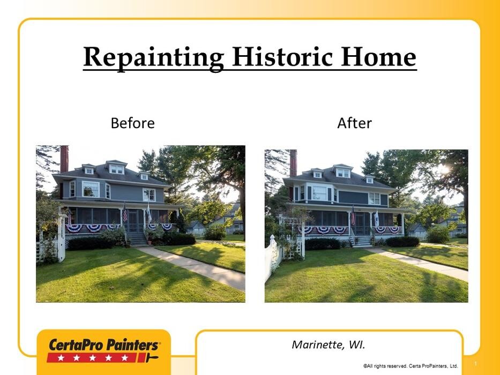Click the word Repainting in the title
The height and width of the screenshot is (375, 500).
[154, 57]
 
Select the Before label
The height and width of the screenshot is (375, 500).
[133, 123]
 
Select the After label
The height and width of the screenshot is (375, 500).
[355, 123]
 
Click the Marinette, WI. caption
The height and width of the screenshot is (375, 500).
[329, 344]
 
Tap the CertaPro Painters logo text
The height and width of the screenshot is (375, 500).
[104, 345]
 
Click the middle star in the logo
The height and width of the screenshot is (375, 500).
[93, 358]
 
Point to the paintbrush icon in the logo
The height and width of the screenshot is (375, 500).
[151, 357]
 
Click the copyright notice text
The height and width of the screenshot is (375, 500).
[411, 366]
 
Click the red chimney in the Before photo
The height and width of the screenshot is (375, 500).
[64, 159]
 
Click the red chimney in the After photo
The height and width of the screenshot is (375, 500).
[293, 163]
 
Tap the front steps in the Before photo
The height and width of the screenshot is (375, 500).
[137, 239]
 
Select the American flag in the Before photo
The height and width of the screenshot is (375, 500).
[125, 214]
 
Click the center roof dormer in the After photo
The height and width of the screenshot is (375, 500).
[342, 171]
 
